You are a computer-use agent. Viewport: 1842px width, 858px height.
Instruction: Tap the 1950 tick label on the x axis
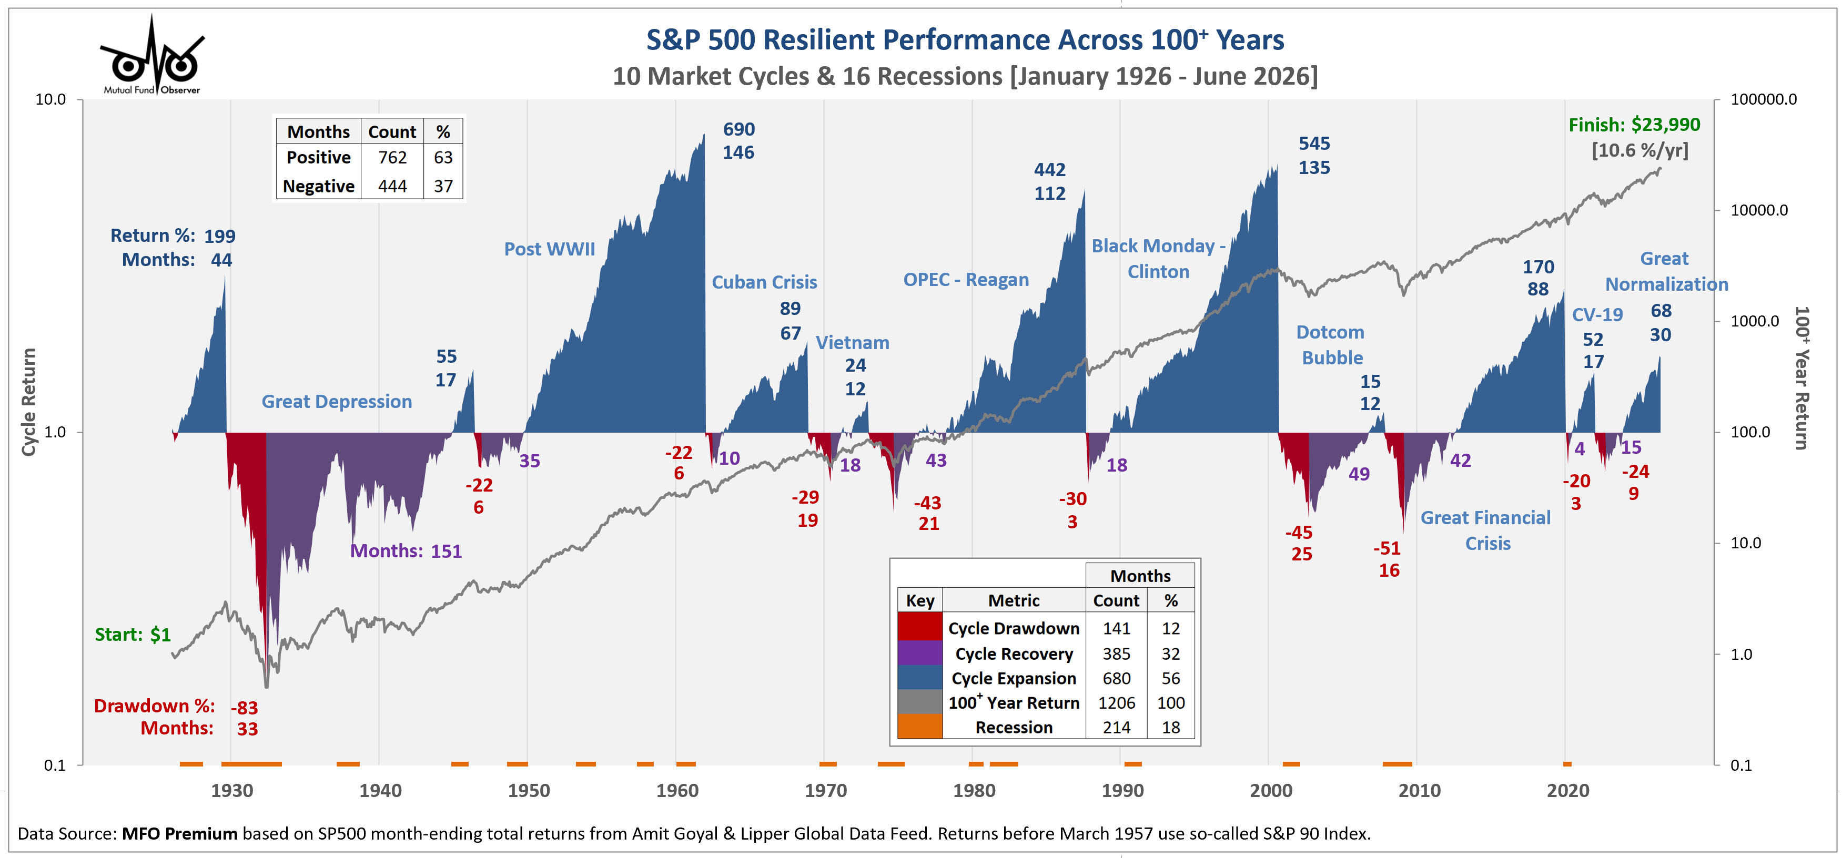click(529, 790)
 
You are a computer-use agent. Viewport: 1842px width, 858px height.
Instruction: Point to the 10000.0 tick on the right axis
click(1758, 210)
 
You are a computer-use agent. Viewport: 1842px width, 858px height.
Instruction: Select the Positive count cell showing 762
click(392, 157)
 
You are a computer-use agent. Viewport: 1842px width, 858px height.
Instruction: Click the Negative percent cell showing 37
click(443, 186)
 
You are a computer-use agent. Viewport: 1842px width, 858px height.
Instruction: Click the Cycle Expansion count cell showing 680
click(1116, 678)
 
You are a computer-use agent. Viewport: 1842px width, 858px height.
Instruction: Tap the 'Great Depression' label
click(337, 402)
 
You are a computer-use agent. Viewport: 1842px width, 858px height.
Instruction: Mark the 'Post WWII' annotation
click(549, 249)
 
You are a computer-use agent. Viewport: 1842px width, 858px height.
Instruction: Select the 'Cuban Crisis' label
click(764, 282)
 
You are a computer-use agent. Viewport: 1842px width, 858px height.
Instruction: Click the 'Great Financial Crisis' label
click(1486, 530)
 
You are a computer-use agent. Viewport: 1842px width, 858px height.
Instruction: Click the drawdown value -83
click(245, 708)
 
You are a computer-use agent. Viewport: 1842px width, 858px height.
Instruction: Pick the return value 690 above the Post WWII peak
click(738, 129)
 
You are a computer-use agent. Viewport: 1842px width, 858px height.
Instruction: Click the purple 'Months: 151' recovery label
click(406, 551)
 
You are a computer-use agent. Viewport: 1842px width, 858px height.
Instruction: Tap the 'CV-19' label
click(1597, 314)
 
